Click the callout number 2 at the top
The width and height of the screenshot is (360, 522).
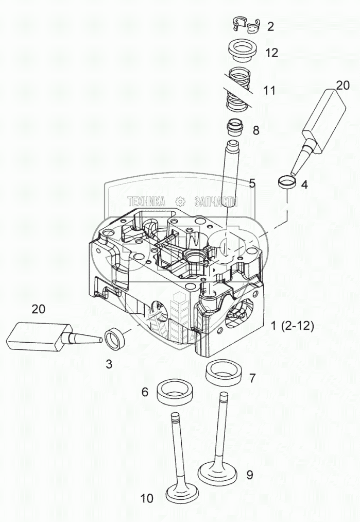(x=270, y=27)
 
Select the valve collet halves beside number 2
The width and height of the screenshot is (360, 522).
(x=245, y=24)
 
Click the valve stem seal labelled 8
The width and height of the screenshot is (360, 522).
(x=235, y=127)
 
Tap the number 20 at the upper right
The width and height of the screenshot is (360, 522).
(x=342, y=85)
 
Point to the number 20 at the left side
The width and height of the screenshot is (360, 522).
(x=39, y=309)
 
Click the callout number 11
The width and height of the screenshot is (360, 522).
(x=269, y=91)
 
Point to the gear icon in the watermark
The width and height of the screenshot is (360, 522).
(x=180, y=201)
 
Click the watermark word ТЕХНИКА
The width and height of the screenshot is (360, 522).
(x=146, y=201)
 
